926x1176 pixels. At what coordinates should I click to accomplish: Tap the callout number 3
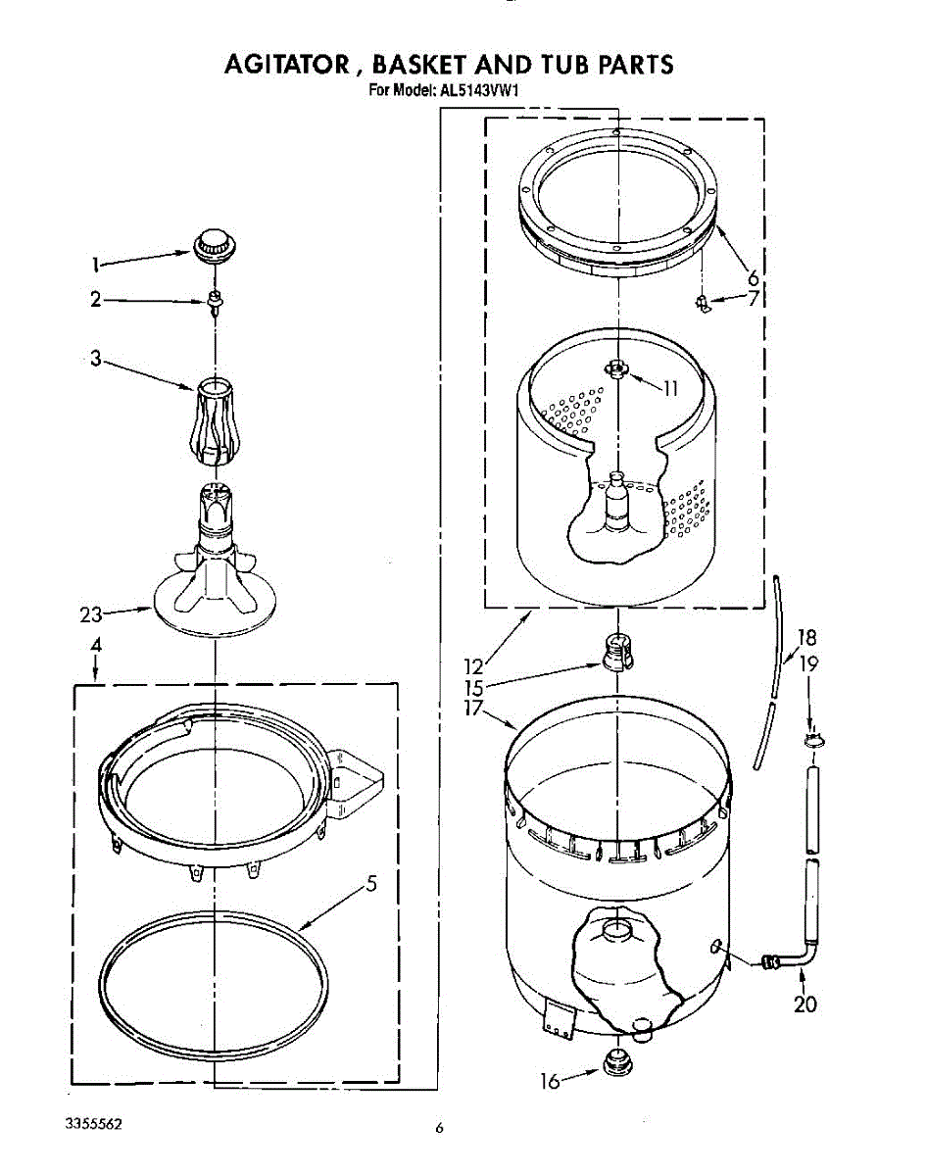pos(96,359)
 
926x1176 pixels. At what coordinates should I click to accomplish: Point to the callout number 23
pos(91,615)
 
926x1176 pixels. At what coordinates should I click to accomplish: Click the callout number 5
pos(371,884)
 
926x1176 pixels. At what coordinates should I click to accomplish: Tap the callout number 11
pos(670,388)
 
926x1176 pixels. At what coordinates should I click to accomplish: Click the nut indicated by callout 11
pos(615,368)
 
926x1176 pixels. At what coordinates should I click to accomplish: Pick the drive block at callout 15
pos(613,650)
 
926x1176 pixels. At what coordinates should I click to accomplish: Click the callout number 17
pos(474,708)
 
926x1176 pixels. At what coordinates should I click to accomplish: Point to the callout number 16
pos(551,1082)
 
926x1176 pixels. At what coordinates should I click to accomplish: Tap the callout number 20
pos(805,1004)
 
